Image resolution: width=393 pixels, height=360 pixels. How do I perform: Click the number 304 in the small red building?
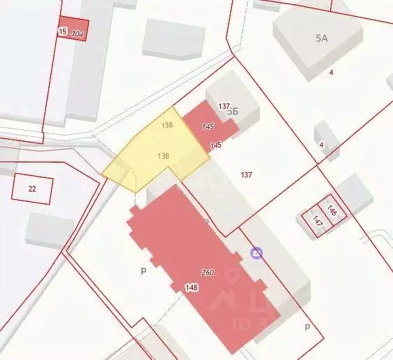pos(78,33)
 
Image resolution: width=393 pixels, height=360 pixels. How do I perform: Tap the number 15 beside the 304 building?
pos(63,31)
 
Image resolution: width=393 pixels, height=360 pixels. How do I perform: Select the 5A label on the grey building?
pos(321,38)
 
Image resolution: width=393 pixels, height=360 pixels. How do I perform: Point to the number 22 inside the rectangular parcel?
pos(32,189)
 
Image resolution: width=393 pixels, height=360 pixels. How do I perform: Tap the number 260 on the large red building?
pos(208,272)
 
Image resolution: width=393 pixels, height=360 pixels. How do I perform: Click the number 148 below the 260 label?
pos(191,287)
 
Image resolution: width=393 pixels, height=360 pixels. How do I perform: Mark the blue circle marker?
pos(257,253)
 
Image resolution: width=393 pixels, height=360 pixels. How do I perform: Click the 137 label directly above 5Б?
pos(224,106)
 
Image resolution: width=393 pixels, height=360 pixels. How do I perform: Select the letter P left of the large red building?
pos(143,272)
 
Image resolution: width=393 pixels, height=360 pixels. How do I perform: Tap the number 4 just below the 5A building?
pos(331,71)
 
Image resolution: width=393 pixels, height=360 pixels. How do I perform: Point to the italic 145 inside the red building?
pos(207,127)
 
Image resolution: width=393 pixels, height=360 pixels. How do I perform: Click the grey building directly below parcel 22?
pos(50,230)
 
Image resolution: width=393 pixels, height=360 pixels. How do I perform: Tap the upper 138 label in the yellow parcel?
pos(166,125)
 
